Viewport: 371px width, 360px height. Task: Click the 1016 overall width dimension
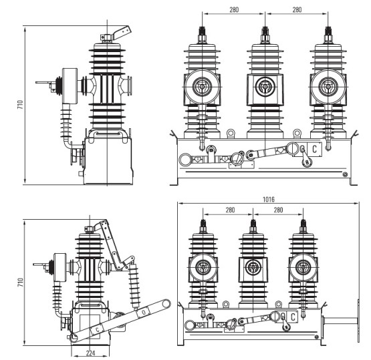(x=269, y=199)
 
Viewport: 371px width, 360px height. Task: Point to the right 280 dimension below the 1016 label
(x=275, y=210)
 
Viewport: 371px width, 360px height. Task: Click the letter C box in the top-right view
(x=314, y=149)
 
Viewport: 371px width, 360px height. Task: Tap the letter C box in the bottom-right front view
(x=293, y=317)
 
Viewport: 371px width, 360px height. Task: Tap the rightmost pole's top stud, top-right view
(x=328, y=33)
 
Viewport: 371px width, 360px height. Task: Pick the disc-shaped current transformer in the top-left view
(x=68, y=85)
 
